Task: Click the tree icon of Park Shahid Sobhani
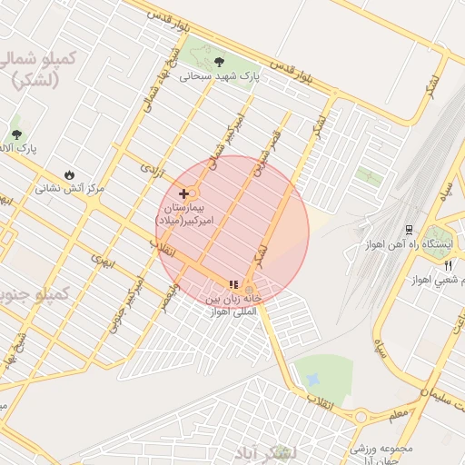pos(220,62)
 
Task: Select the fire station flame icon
pos(70,174)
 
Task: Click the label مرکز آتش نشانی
pos(70,189)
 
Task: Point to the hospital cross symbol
pos(184,193)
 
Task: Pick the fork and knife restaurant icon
pos(449,265)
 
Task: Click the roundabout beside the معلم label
pos(361,417)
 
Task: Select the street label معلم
pos(397,412)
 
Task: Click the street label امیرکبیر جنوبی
pos(127,302)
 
